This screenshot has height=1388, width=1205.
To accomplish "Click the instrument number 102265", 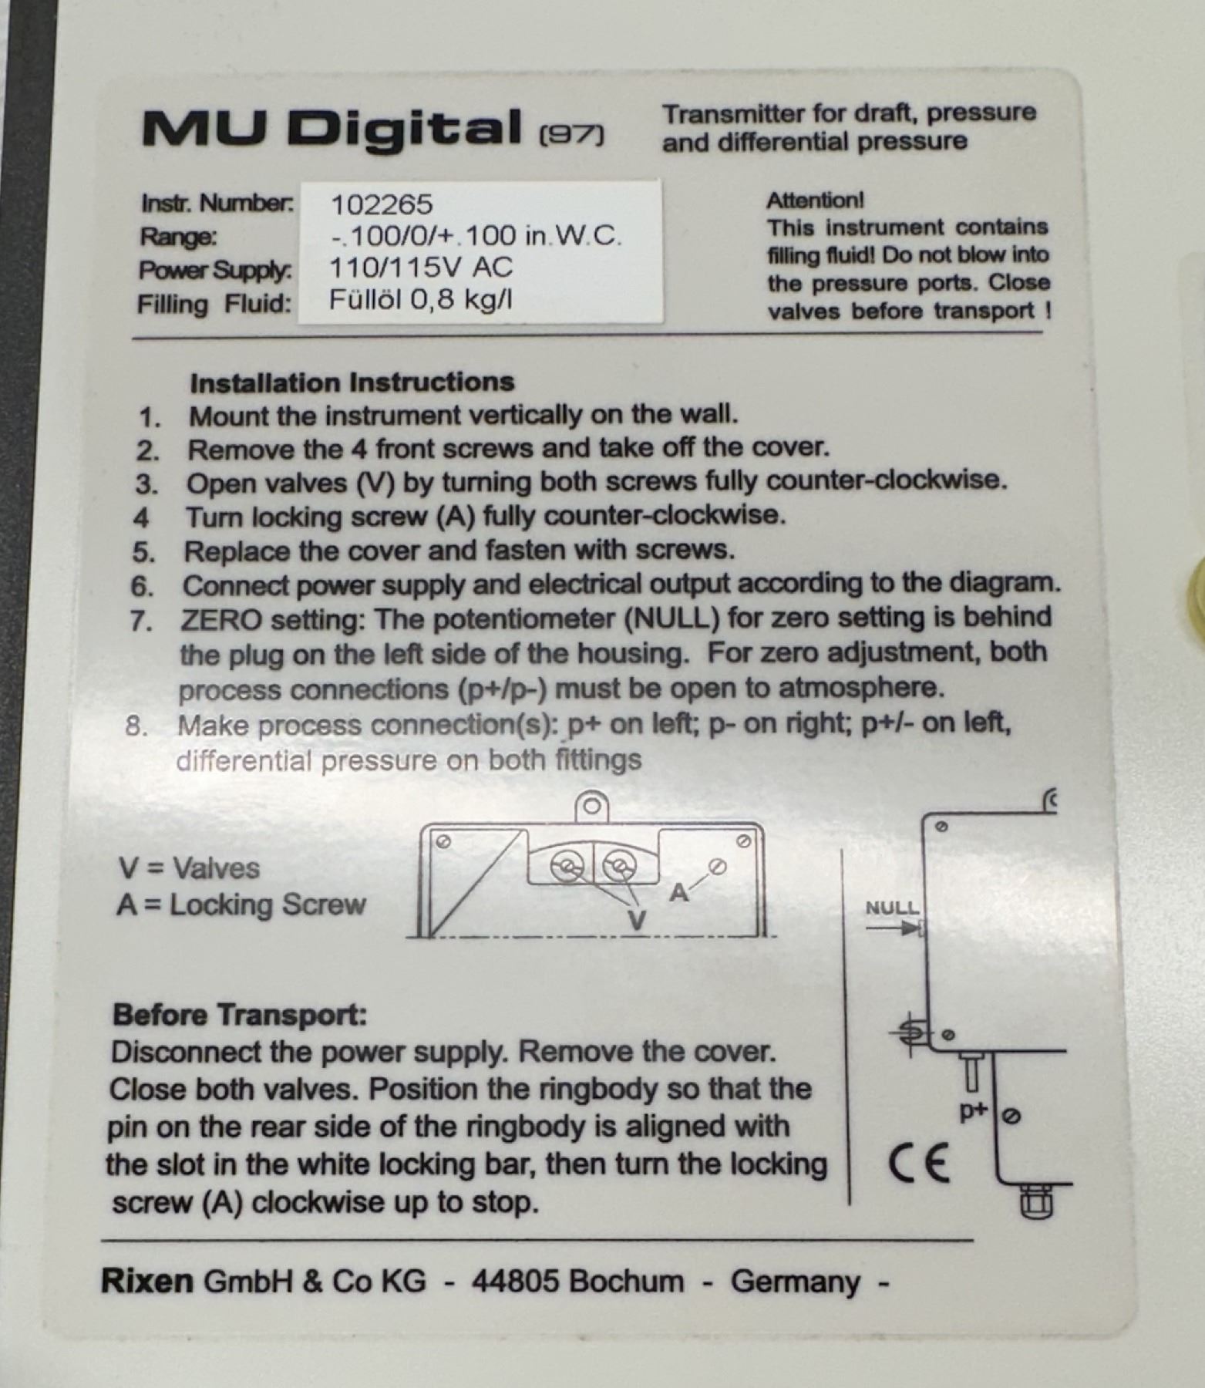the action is pos(382,204).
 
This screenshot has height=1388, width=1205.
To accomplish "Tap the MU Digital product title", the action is pos(332,129).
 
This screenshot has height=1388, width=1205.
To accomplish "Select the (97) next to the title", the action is pos(571,135).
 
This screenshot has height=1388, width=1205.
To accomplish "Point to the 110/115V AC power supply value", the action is pos(420,267).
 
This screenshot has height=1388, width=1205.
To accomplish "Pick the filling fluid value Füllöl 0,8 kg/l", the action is pos(420,299).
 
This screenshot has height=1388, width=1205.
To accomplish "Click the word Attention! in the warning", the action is pos(815,200).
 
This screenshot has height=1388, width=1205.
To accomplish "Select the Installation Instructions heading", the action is pos(352,382).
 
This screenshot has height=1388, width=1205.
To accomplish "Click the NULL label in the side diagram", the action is pos(892,908).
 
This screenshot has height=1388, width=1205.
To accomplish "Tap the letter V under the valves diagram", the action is pos(636,920).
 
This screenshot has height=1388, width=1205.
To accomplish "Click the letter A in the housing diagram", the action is pos(678,893).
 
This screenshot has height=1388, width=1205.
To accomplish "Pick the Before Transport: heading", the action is pos(240,1015).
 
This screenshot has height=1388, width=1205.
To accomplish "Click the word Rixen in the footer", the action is pos(146,1281).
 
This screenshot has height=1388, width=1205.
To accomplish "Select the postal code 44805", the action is pos(516,1281).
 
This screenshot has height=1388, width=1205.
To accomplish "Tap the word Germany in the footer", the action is pos(795,1282).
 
